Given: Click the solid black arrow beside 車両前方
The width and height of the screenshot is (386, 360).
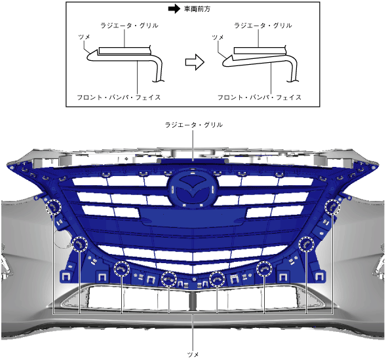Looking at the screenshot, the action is [x=174, y=9].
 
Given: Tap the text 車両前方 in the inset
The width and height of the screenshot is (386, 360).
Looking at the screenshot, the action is [x=197, y=9].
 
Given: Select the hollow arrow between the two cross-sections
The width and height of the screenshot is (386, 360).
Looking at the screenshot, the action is [x=195, y=62].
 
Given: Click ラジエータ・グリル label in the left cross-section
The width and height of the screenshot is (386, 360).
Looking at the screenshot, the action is [x=129, y=26].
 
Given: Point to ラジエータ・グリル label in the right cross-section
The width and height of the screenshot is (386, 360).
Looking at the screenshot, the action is [x=263, y=26].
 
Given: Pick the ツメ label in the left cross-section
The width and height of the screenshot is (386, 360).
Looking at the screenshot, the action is [x=84, y=37].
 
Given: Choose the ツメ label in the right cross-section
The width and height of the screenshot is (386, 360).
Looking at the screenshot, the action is [x=218, y=37].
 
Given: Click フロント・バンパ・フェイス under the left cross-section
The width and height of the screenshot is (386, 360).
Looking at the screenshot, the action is [x=119, y=98].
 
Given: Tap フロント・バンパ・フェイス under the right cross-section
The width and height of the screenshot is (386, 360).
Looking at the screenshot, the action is [x=260, y=98].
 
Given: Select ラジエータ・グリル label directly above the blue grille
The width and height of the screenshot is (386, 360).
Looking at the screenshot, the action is [x=194, y=125].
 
